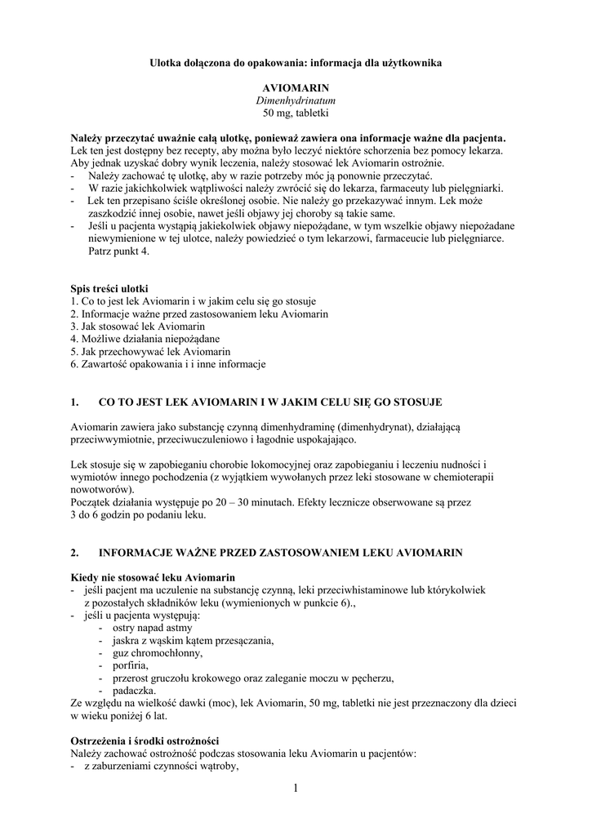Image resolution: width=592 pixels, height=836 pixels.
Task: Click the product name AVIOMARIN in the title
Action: [x=296, y=86]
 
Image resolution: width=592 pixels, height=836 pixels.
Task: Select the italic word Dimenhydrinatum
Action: [x=296, y=99]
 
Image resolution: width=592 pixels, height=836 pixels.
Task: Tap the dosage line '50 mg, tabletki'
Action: [x=296, y=112]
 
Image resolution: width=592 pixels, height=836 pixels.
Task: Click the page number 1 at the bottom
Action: [x=296, y=788]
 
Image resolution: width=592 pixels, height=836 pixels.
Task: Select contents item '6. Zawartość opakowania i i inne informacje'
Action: [x=168, y=363]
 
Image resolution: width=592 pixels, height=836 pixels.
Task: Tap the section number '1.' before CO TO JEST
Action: [x=75, y=402]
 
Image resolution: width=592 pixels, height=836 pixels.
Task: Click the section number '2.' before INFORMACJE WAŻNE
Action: [x=75, y=553]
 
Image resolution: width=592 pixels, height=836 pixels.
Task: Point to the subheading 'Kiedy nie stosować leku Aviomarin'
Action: [x=153, y=577]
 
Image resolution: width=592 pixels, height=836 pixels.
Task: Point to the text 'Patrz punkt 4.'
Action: [x=119, y=251]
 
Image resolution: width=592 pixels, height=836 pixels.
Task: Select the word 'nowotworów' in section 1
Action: [x=100, y=490]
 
